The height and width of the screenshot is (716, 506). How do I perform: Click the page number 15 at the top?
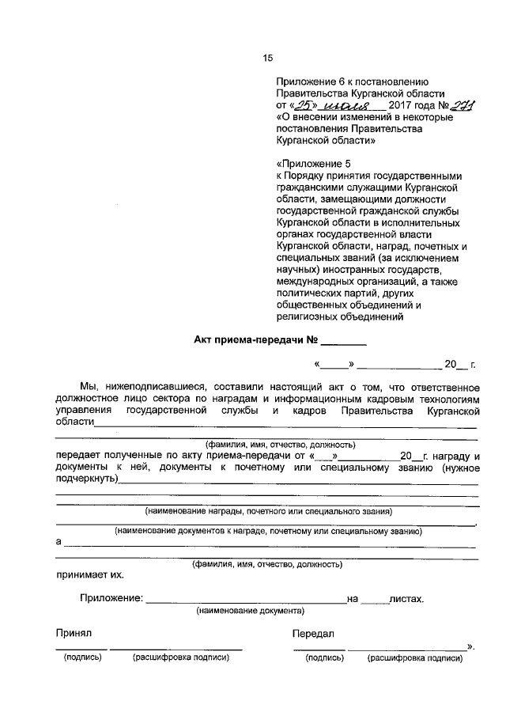point(267,57)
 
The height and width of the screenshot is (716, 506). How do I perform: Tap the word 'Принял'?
point(74,634)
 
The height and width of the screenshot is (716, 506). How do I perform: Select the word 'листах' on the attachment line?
point(406,598)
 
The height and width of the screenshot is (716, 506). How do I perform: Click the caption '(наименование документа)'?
point(250,611)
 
